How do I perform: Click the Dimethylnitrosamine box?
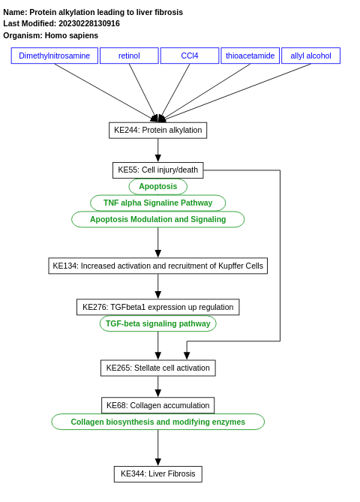point(54,56)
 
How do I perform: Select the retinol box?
point(129,56)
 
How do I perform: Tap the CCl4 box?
point(190,56)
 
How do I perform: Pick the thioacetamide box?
point(250,56)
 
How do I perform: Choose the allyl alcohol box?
point(310,56)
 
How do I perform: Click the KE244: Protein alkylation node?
point(157,130)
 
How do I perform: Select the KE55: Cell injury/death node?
point(157,170)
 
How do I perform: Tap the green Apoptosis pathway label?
point(157,186)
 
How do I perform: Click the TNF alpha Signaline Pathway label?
point(157,203)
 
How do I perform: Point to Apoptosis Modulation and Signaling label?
point(157,219)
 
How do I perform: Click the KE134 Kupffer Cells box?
point(157,266)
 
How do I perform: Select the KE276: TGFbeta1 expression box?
point(157,307)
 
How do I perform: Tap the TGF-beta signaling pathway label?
point(157,323)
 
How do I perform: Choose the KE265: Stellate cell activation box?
point(157,368)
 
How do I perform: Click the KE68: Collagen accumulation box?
point(157,405)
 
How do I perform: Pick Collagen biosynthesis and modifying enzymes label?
point(157,422)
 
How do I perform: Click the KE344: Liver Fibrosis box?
point(157,473)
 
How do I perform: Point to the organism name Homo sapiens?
point(71,35)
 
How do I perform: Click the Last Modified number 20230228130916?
point(88,23)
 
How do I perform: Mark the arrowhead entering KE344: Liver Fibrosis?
point(157,461)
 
